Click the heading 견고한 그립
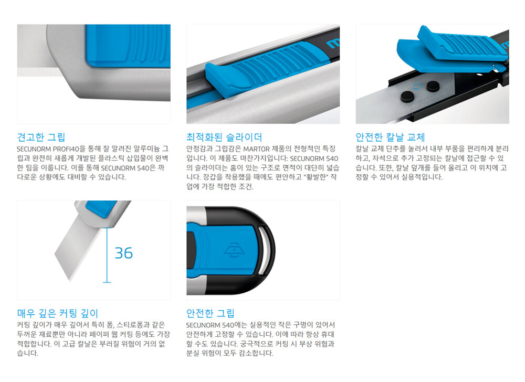pyautogui.click(x=41, y=137)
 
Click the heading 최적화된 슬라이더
pyautogui.click(x=224, y=137)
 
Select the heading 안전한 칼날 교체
pyautogui.click(x=390, y=137)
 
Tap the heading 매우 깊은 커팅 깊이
pyautogui.click(x=58, y=313)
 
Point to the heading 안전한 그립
pyautogui.click(x=211, y=313)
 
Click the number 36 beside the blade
pyautogui.click(x=123, y=253)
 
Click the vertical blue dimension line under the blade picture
pyautogui.click(x=107, y=255)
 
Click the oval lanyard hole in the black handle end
pyautogui.click(x=267, y=250)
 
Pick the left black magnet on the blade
pyautogui.click(x=407, y=97)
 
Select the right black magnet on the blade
pyautogui.click(x=433, y=86)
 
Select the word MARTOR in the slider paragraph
pyautogui.click(x=257, y=149)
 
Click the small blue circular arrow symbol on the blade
pyautogui.click(x=416, y=87)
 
